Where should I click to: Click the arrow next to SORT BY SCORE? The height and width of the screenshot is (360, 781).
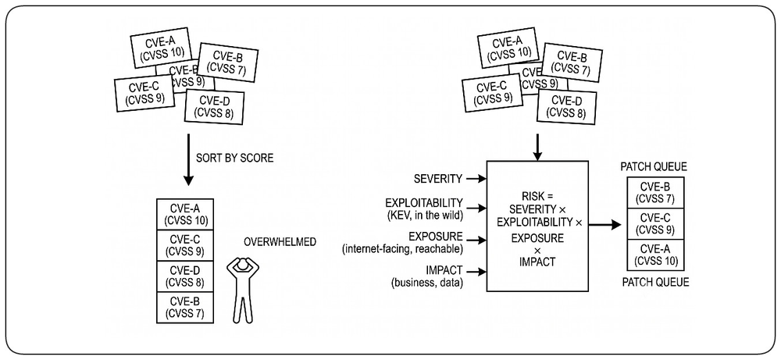187,159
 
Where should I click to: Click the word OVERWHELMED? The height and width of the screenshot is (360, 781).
280,243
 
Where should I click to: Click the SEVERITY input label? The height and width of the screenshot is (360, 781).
438,178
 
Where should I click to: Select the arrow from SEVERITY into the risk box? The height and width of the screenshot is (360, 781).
476,178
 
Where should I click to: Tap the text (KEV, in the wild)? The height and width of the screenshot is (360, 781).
424,216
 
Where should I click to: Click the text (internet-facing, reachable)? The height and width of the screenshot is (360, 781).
402,248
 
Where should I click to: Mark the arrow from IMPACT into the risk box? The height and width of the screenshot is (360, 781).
476,272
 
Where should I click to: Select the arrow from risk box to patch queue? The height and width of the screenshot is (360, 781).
604,225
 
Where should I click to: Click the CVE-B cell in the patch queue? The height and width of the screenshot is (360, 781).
655,193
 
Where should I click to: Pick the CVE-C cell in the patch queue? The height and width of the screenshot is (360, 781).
655,224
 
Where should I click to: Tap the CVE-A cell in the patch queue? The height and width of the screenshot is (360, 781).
655,255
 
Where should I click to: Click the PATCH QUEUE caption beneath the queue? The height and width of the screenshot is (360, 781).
655,283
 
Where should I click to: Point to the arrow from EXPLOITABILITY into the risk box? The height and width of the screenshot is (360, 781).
476,207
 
